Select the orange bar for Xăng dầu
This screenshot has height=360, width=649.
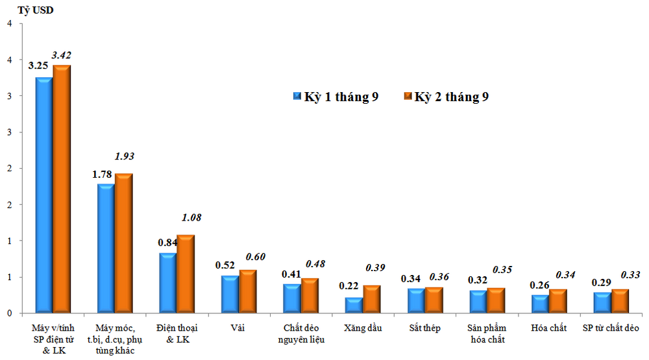tap(371, 299)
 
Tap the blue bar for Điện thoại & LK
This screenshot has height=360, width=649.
tap(167, 283)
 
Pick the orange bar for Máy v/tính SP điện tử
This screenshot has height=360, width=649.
tap(62, 189)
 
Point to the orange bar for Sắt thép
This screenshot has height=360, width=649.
tap(434, 300)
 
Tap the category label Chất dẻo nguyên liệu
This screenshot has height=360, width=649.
tap(301, 333)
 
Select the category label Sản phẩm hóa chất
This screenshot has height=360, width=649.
tap(487, 333)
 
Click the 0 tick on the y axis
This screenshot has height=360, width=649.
tap(9, 313)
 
